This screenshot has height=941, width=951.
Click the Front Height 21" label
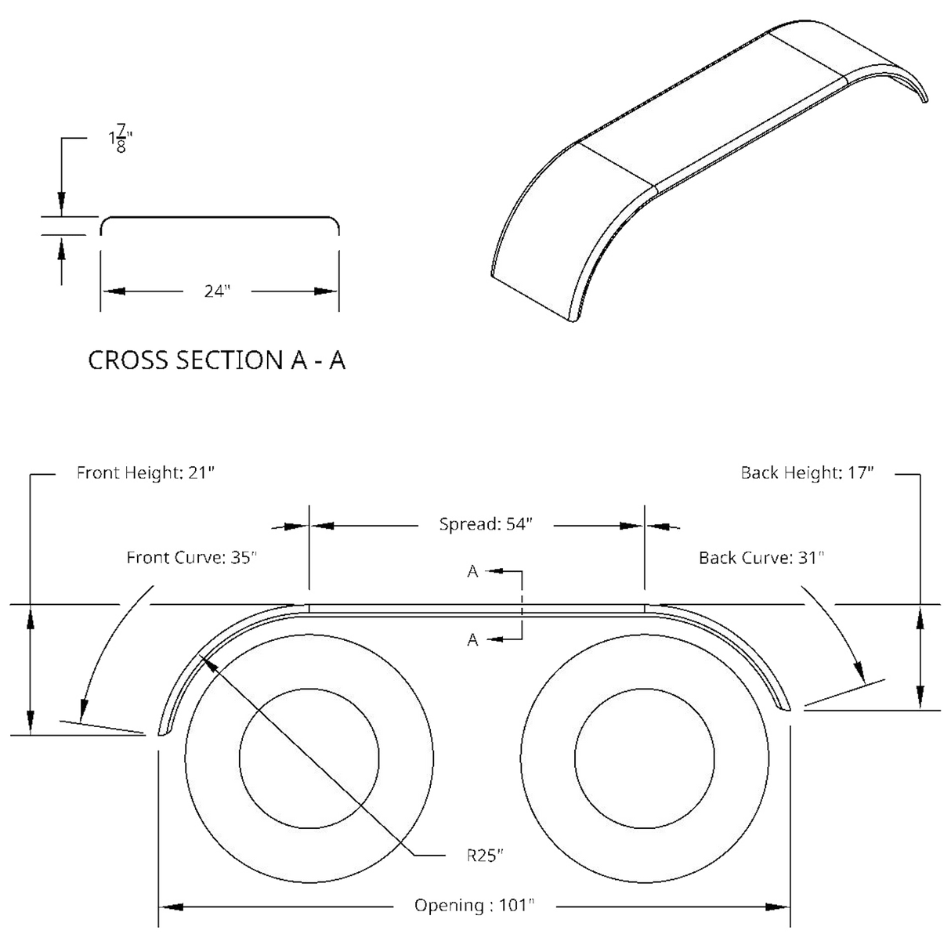point(145,473)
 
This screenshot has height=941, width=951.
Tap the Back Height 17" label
point(807,473)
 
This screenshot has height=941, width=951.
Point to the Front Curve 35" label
point(192,558)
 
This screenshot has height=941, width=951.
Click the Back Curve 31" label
point(761,558)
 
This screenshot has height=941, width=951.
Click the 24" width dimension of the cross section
point(219,291)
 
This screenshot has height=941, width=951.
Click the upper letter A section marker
point(473,573)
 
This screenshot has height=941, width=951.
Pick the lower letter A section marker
point(473,640)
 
